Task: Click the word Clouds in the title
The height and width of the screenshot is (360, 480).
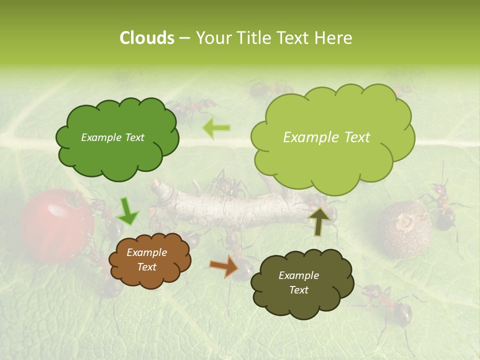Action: point(147,38)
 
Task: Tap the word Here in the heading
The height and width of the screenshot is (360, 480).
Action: point(334,38)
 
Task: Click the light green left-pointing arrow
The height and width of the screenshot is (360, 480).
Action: point(216,128)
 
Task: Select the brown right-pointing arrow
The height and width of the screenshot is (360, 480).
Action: point(224,266)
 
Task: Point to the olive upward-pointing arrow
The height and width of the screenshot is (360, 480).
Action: point(318,221)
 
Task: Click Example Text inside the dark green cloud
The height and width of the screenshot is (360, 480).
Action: point(112,137)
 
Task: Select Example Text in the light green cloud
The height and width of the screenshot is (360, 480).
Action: point(326,137)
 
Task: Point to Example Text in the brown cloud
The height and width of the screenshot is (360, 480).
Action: point(146,260)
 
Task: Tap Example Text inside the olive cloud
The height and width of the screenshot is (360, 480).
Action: point(298,282)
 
